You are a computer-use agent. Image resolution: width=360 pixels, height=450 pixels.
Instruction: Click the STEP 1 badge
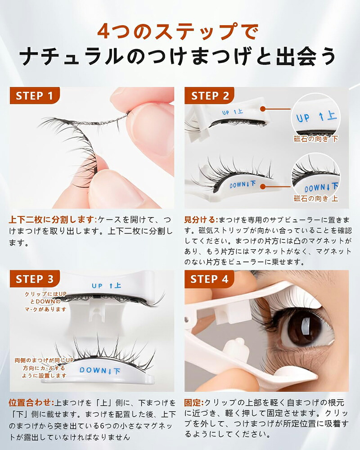(x=35, y=95)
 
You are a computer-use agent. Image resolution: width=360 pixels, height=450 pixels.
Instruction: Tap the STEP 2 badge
(x=210, y=95)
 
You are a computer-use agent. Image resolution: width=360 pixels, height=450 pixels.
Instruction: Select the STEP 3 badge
(x=35, y=279)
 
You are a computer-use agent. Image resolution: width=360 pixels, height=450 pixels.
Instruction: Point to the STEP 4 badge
(x=210, y=279)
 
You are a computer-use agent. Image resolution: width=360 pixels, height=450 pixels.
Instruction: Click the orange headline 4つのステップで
(x=178, y=31)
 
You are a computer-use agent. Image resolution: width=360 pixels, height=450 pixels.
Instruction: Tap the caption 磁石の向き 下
(x=316, y=139)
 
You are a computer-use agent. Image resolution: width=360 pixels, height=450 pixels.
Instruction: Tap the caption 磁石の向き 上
(x=316, y=198)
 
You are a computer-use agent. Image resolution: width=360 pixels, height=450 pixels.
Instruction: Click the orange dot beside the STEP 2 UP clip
(x=263, y=109)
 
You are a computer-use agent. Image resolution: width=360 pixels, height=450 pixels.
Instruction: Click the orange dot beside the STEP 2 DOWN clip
(x=262, y=187)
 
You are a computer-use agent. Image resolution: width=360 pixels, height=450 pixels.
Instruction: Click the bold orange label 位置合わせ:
(x=31, y=403)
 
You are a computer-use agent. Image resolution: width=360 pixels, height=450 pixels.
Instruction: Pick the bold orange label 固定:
(x=194, y=403)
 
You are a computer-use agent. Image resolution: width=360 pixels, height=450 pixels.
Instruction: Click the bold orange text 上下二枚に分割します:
(x=53, y=220)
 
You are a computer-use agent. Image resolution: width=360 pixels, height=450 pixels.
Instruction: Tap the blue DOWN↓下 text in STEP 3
(x=99, y=370)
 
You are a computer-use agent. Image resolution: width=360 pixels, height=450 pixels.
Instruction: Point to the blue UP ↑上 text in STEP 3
(x=107, y=286)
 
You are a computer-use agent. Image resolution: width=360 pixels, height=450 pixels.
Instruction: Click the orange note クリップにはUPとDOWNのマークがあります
(x=45, y=301)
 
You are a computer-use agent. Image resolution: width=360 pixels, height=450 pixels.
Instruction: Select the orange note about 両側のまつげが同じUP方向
(x=44, y=368)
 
